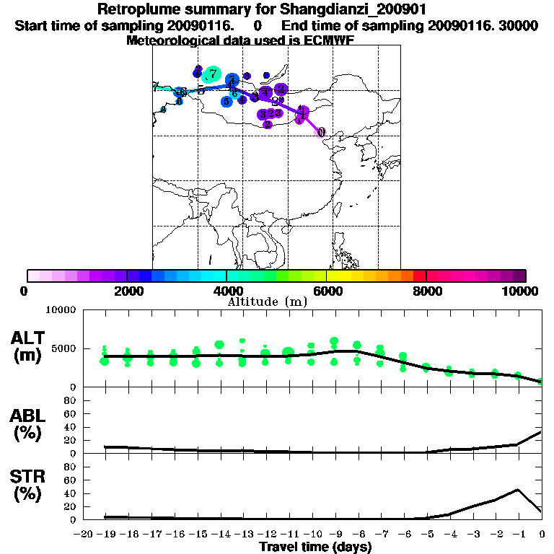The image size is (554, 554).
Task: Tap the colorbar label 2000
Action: (x=127, y=291)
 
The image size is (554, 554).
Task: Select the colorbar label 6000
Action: (x=327, y=291)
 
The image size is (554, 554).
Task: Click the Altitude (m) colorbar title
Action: (x=267, y=302)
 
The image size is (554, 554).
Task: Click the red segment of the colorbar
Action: (x=419, y=276)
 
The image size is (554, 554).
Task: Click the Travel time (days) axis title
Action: (x=315, y=548)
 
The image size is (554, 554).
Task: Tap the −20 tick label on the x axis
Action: (x=84, y=535)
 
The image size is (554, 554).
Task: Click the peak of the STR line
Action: (x=519, y=490)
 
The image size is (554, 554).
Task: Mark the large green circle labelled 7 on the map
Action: (x=212, y=74)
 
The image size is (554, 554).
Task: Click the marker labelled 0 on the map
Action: (x=322, y=133)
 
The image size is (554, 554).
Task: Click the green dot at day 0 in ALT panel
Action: (x=541, y=381)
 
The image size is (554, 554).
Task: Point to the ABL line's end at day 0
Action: (x=542, y=432)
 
